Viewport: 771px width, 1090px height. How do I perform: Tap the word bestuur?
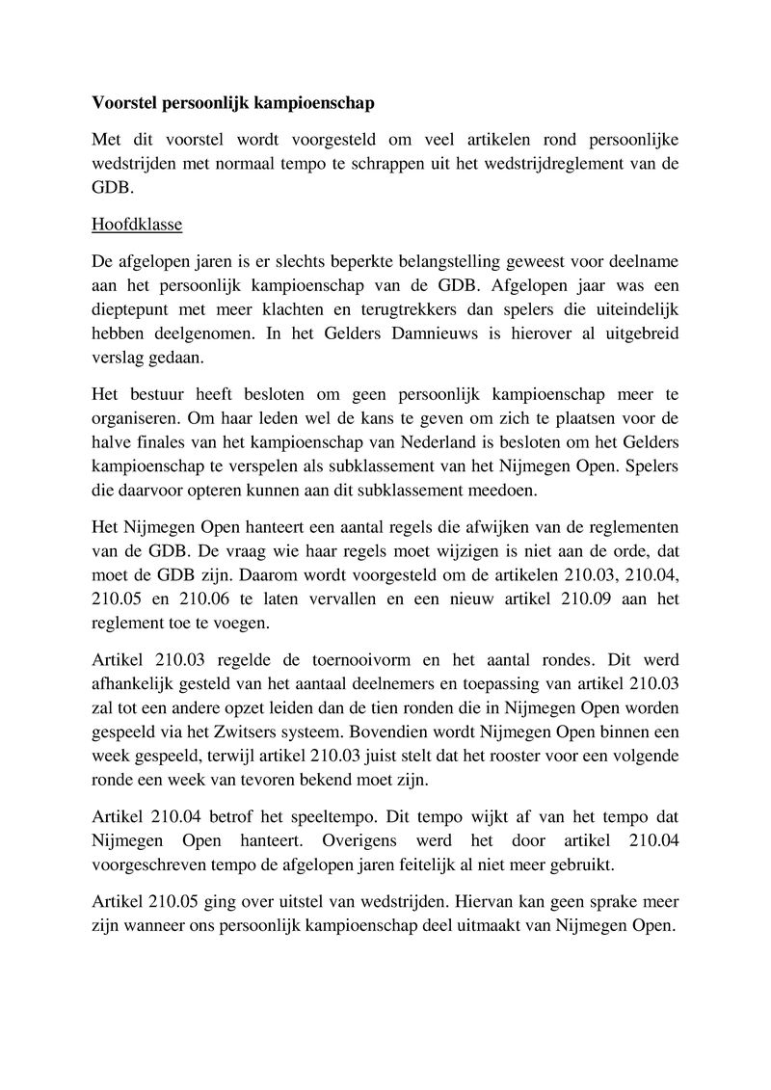[x=168, y=395]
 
